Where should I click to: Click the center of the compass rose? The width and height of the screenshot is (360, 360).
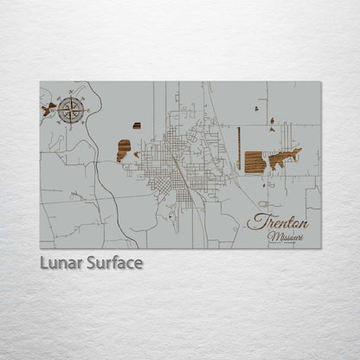coord(72,110)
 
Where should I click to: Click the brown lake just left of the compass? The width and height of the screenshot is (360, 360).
coord(48,109)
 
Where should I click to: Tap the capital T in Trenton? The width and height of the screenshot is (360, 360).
coord(255,222)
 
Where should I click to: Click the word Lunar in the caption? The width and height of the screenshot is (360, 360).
coord(61,262)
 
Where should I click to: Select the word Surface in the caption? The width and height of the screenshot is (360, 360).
coord(114,262)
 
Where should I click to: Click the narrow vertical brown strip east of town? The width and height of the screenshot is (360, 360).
coord(238,149)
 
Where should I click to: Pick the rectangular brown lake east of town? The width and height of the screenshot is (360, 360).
coord(254,162)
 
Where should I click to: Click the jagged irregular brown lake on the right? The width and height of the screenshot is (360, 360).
coord(285,158)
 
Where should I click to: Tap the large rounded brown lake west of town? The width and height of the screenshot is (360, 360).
coord(124,151)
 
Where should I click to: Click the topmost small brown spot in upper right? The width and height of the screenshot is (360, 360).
coord(257,109)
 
